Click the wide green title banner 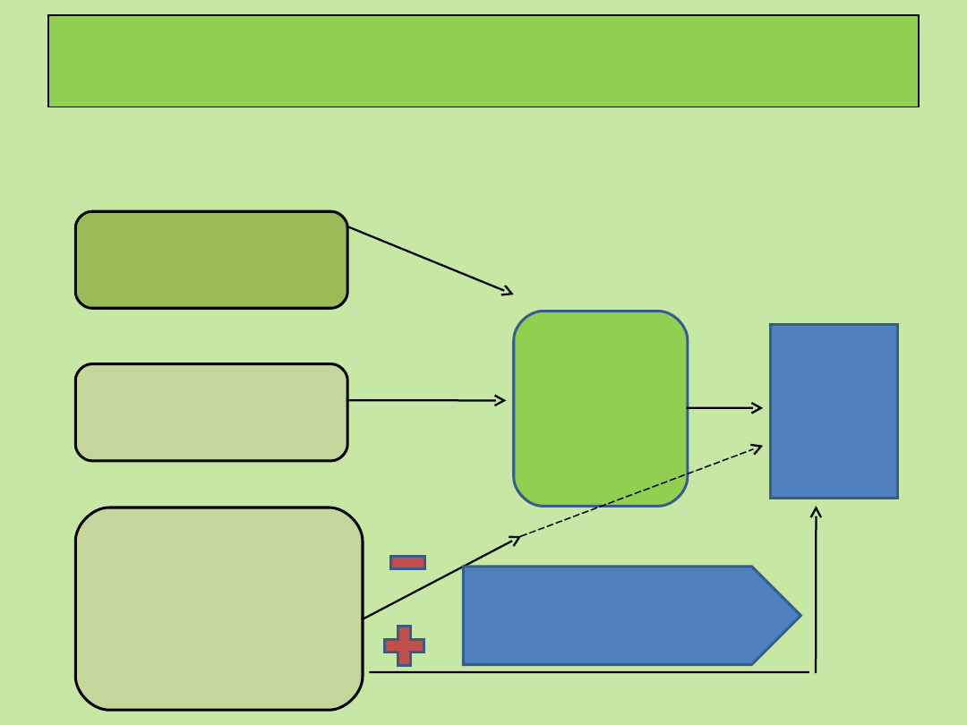(x=483, y=61)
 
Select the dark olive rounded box (x=211, y=260)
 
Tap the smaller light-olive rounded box (x=211, y=412)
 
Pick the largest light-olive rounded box (x=218, y=609)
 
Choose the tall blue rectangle (x=834, y=411)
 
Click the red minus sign (x=407, y=562)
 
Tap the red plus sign (x=404, y=645)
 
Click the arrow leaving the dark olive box (x=430, y=260)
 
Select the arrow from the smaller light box (x=425, y=400)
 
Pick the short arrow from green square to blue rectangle (x=723, y=408)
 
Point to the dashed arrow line (x=640, y=491)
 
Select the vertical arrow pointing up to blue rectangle (x=816, y=591)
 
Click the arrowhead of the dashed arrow (x=758, y=447)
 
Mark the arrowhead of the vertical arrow (x=816, y=511)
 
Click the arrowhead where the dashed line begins (x=516, y=538)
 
